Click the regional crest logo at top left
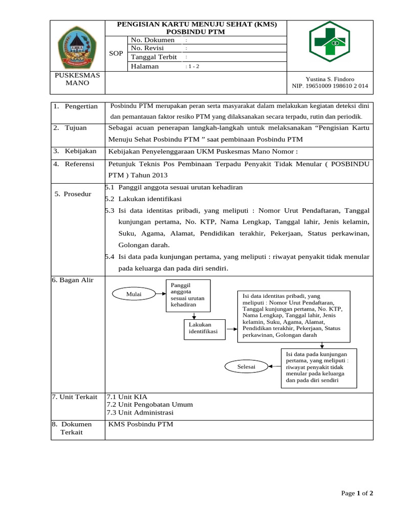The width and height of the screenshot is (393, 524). point(77,47)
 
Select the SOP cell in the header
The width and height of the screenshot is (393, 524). point(116,53)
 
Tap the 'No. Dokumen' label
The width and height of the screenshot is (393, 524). point(152,40)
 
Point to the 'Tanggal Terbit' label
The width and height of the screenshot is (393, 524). point(154,57)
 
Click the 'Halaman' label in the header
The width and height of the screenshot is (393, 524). point(145,66)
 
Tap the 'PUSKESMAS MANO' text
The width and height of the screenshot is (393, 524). point(77,79)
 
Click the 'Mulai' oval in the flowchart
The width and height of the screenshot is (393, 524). point(134,294)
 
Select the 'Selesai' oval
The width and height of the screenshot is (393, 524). point(246,367)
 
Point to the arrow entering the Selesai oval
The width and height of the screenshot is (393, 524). point(275,367)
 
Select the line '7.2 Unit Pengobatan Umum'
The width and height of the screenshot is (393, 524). point(149,404)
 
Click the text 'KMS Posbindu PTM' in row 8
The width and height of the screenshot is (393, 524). point(141,424)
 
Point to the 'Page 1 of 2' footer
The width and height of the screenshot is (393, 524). point(357,493)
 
